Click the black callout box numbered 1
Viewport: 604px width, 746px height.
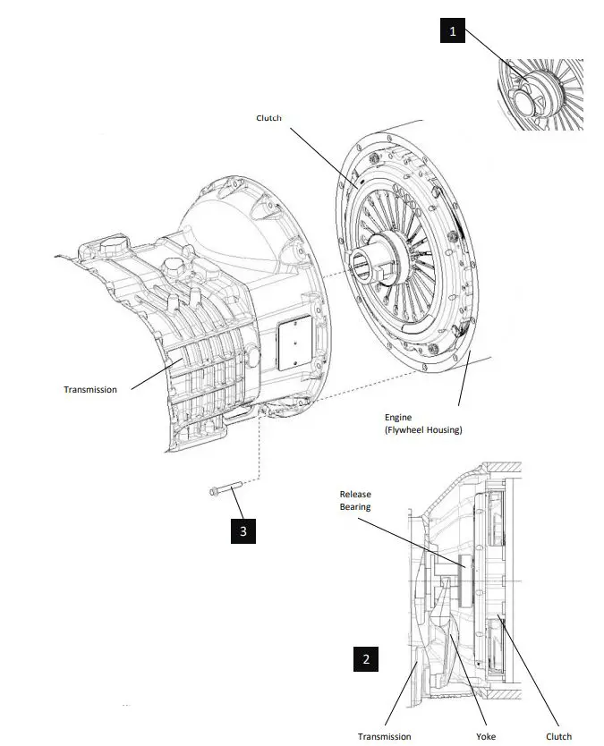coord(453,32)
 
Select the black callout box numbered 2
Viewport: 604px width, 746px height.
coord(364,660)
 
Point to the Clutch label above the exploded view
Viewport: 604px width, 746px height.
coord(269,118)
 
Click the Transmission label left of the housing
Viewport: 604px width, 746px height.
coord(89,389)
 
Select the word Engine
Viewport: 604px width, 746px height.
coord(399,418)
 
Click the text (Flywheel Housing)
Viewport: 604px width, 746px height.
coord(423,430)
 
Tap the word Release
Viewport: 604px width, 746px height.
coord(355,494)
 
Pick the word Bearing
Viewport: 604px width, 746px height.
coord(355,507)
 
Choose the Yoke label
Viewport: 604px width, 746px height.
coord(485,736)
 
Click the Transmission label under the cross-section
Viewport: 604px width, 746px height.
coord(385,736)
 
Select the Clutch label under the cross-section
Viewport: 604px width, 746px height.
coord(558,736)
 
